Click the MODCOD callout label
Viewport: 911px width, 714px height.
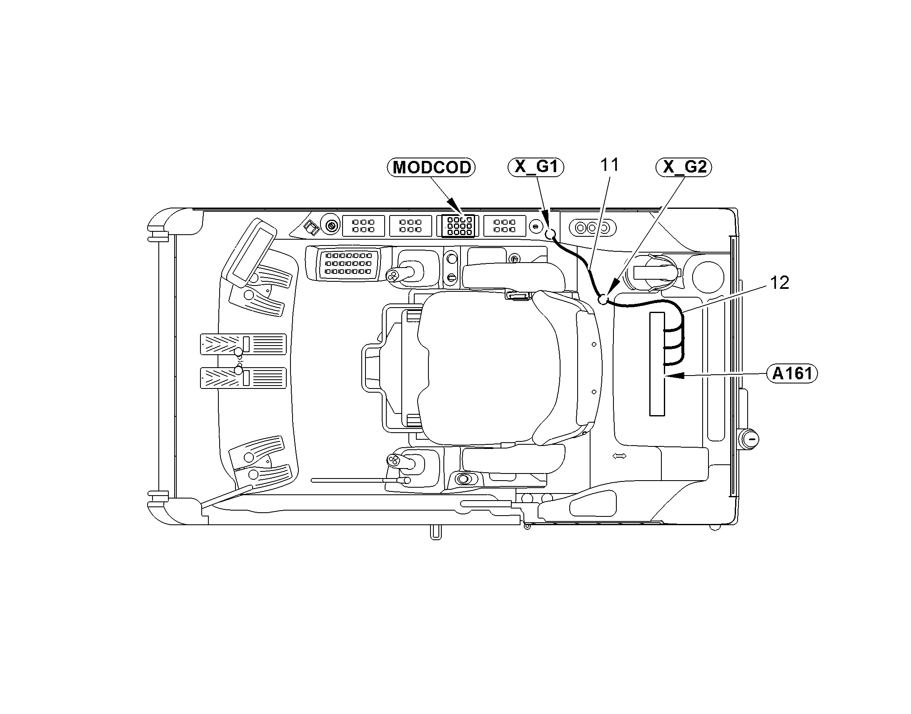[x=431, y=167]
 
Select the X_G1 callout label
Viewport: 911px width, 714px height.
[x=536, y=167]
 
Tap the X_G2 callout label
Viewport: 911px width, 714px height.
[x=684, y=167]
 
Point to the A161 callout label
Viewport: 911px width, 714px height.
[x=792, y=373]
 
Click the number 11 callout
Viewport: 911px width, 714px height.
[x=609, y=165]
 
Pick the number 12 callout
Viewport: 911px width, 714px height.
[x=779, y=283]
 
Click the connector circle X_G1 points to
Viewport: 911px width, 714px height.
[x=551, y=234]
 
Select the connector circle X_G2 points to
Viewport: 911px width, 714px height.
[x=603, y=300]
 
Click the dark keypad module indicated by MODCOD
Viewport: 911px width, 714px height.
[x=458, y=226]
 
